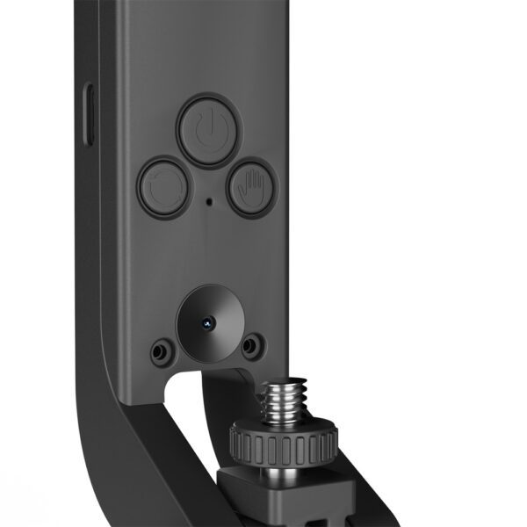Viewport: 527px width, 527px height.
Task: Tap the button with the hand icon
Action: (253, 186)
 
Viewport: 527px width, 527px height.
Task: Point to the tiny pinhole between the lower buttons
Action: (208, 201)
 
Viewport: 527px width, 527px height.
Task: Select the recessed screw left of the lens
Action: (159, 352)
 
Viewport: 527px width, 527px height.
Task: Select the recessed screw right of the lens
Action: (251, 343)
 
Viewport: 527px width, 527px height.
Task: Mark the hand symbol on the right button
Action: (253, 186)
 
